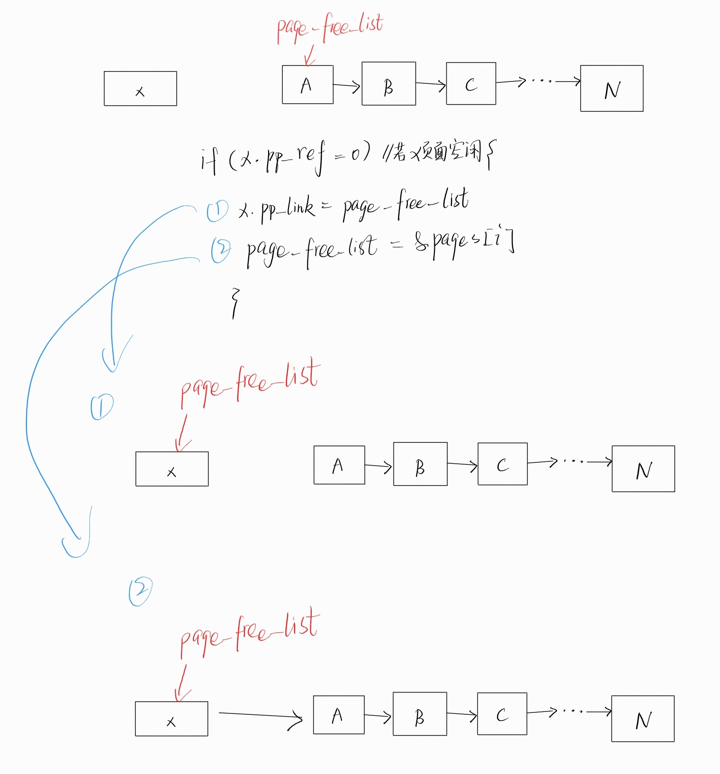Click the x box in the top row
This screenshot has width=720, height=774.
140,89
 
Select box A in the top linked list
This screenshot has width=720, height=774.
307,84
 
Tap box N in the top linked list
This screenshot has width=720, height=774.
612,89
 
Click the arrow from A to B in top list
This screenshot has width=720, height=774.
347,86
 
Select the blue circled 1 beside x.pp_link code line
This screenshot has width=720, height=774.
217,210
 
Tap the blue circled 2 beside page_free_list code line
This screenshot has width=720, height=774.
221,250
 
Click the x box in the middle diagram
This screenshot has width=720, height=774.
172,469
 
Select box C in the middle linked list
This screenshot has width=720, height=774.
502,464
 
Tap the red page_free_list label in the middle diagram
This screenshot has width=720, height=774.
250,384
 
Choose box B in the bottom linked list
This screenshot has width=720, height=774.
420,714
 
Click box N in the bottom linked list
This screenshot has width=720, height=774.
643,719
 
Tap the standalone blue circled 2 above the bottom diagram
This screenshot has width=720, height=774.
141,591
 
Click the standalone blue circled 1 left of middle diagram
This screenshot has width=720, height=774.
102,407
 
